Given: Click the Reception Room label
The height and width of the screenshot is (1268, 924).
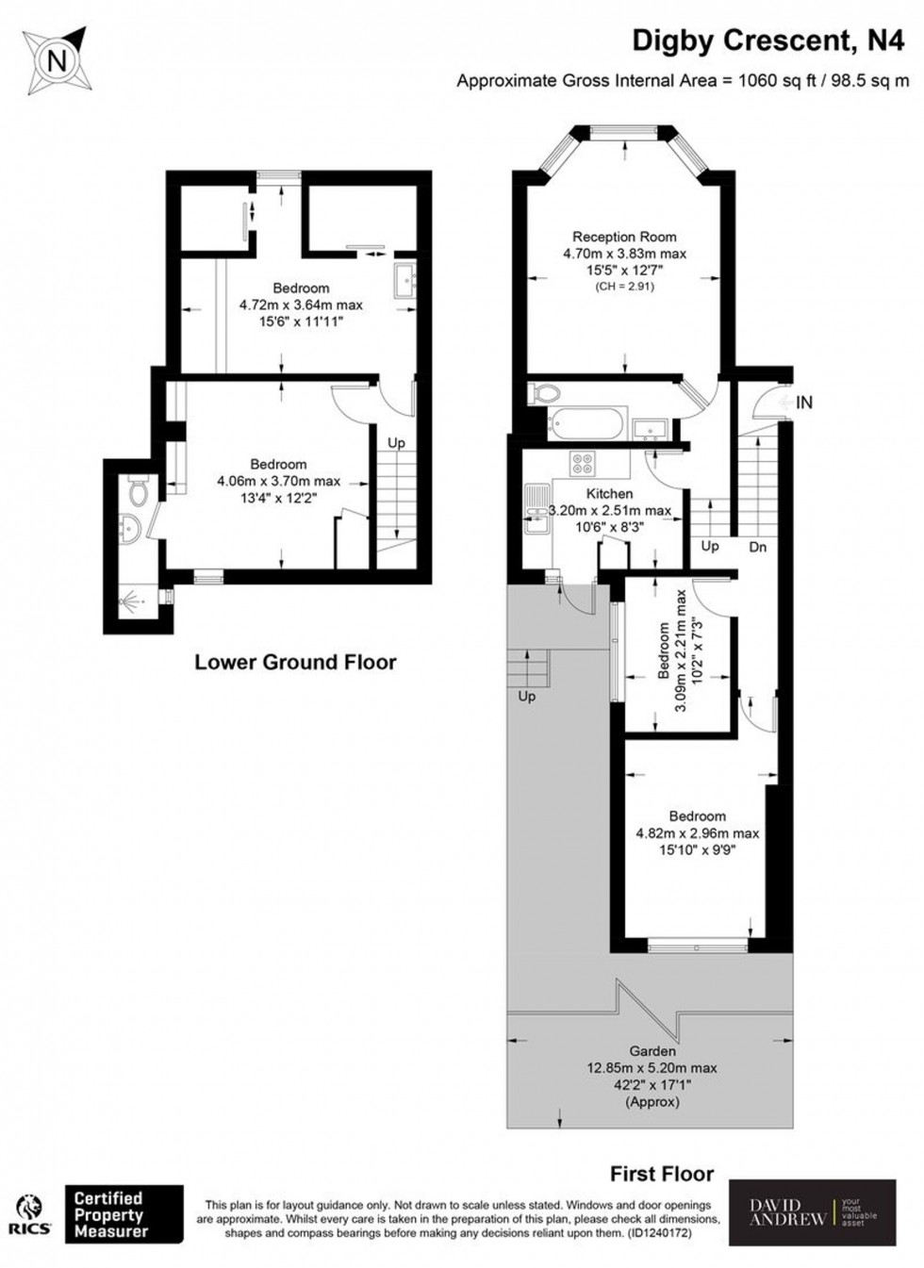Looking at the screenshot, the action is (624, 237).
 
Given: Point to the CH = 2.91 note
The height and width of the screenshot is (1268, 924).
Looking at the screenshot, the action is (624, 287).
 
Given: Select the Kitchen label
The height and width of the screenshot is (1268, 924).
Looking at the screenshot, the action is (609, 494).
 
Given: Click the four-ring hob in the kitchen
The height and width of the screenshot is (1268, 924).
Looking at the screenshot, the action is (582, 462).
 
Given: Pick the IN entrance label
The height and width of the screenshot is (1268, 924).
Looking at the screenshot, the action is (804, 403).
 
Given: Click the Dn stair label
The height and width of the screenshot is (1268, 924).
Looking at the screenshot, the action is (757, 547).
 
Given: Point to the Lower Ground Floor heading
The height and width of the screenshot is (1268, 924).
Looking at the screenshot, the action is (295, 662).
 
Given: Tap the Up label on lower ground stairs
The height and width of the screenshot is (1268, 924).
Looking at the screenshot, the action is (396, 443).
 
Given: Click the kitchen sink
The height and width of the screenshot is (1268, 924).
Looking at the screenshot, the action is (535, 509).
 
